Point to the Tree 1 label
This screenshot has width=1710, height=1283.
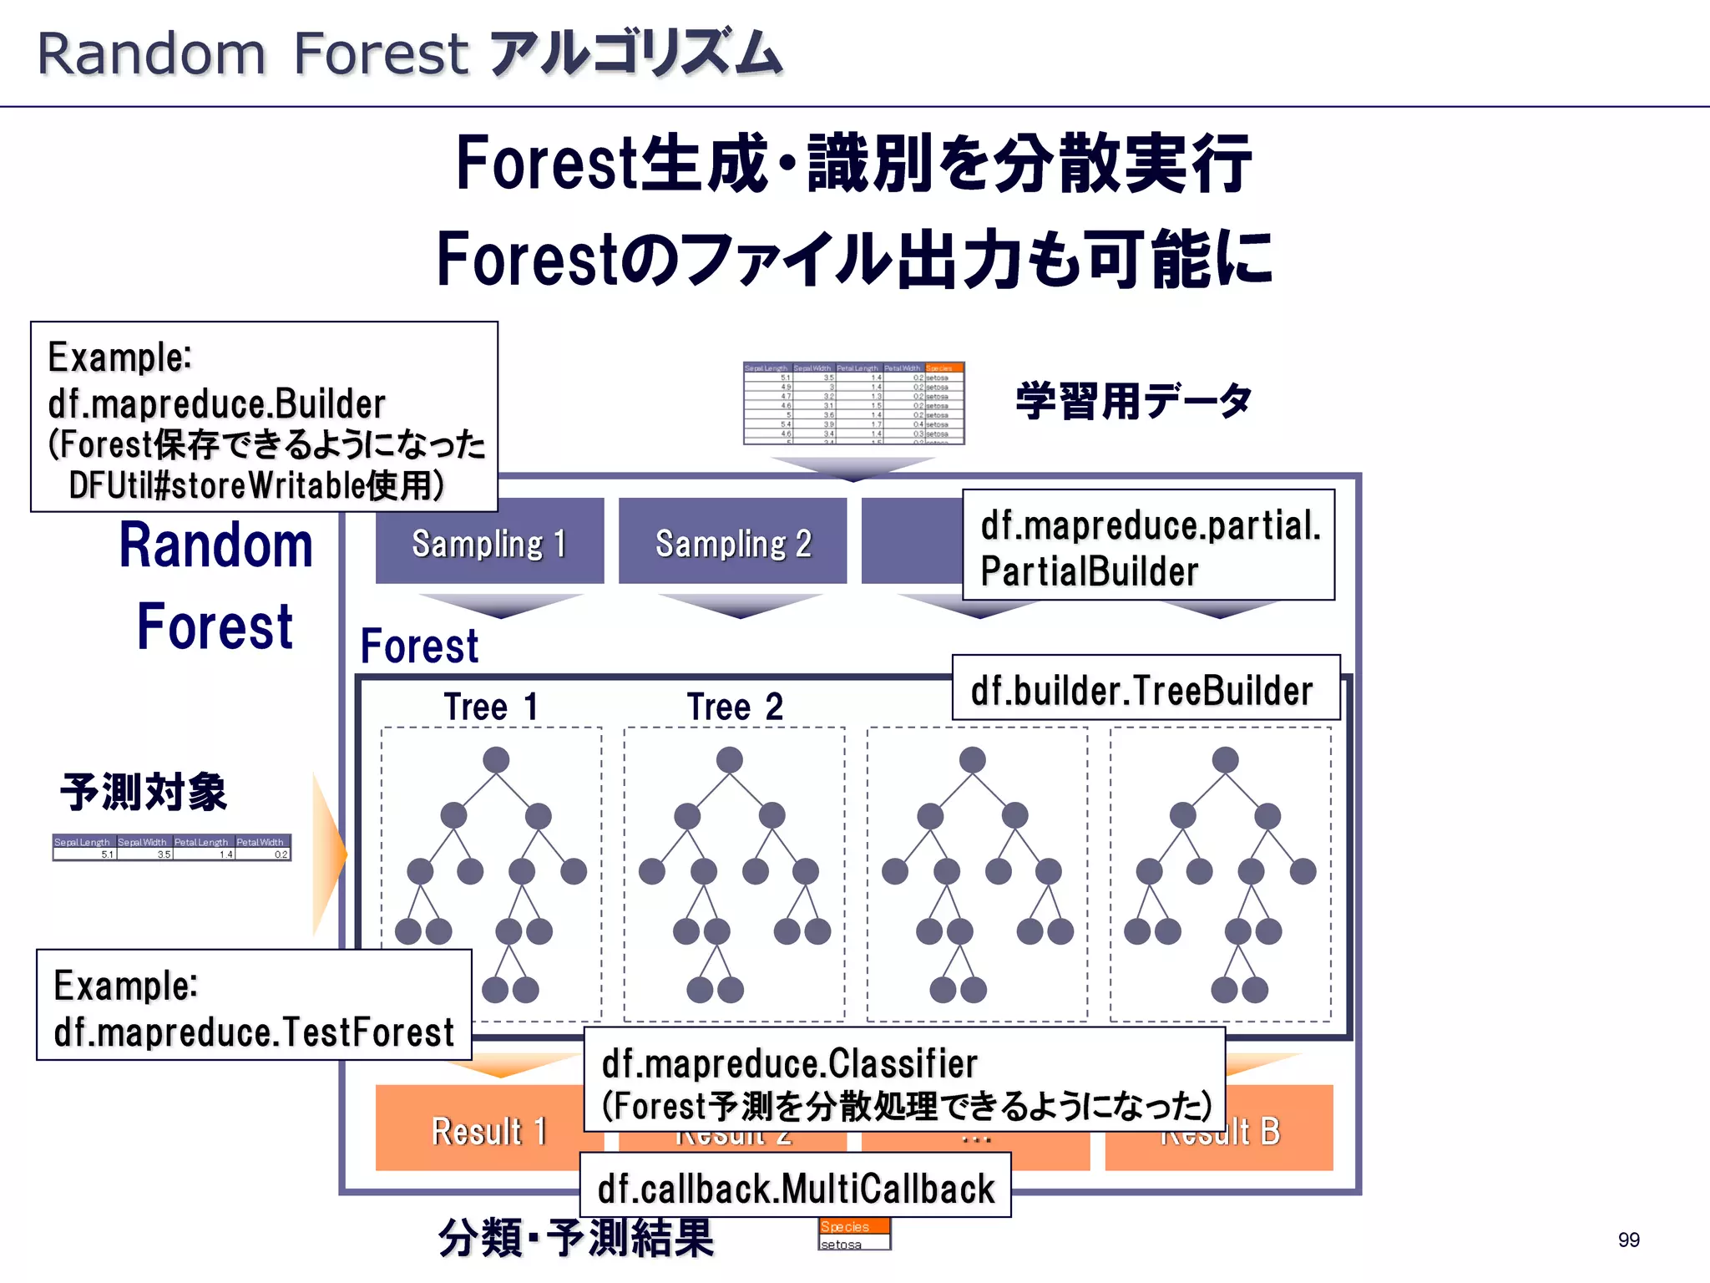pos(491,707)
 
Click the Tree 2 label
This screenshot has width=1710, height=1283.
pos(735,707)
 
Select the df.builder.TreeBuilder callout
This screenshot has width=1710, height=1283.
pos(1144,690)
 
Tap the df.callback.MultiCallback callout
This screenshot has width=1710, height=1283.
pos(795,1187)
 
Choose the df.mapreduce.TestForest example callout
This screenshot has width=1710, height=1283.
pos(254,1007)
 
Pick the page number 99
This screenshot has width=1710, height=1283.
pos(1627,1240)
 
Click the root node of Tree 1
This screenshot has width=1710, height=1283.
pos(496,760)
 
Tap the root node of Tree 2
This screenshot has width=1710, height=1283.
pos(729,760)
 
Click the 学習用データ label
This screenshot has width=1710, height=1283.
pos(1133,401)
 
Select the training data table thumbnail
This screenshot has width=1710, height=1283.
pos(853,403)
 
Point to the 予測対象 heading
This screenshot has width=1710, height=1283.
pos(144,792)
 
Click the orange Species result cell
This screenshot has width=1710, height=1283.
pos(853,1226)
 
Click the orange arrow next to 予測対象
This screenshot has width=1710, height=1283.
pos(328,854)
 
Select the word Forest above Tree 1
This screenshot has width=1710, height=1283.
pos(419,647)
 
